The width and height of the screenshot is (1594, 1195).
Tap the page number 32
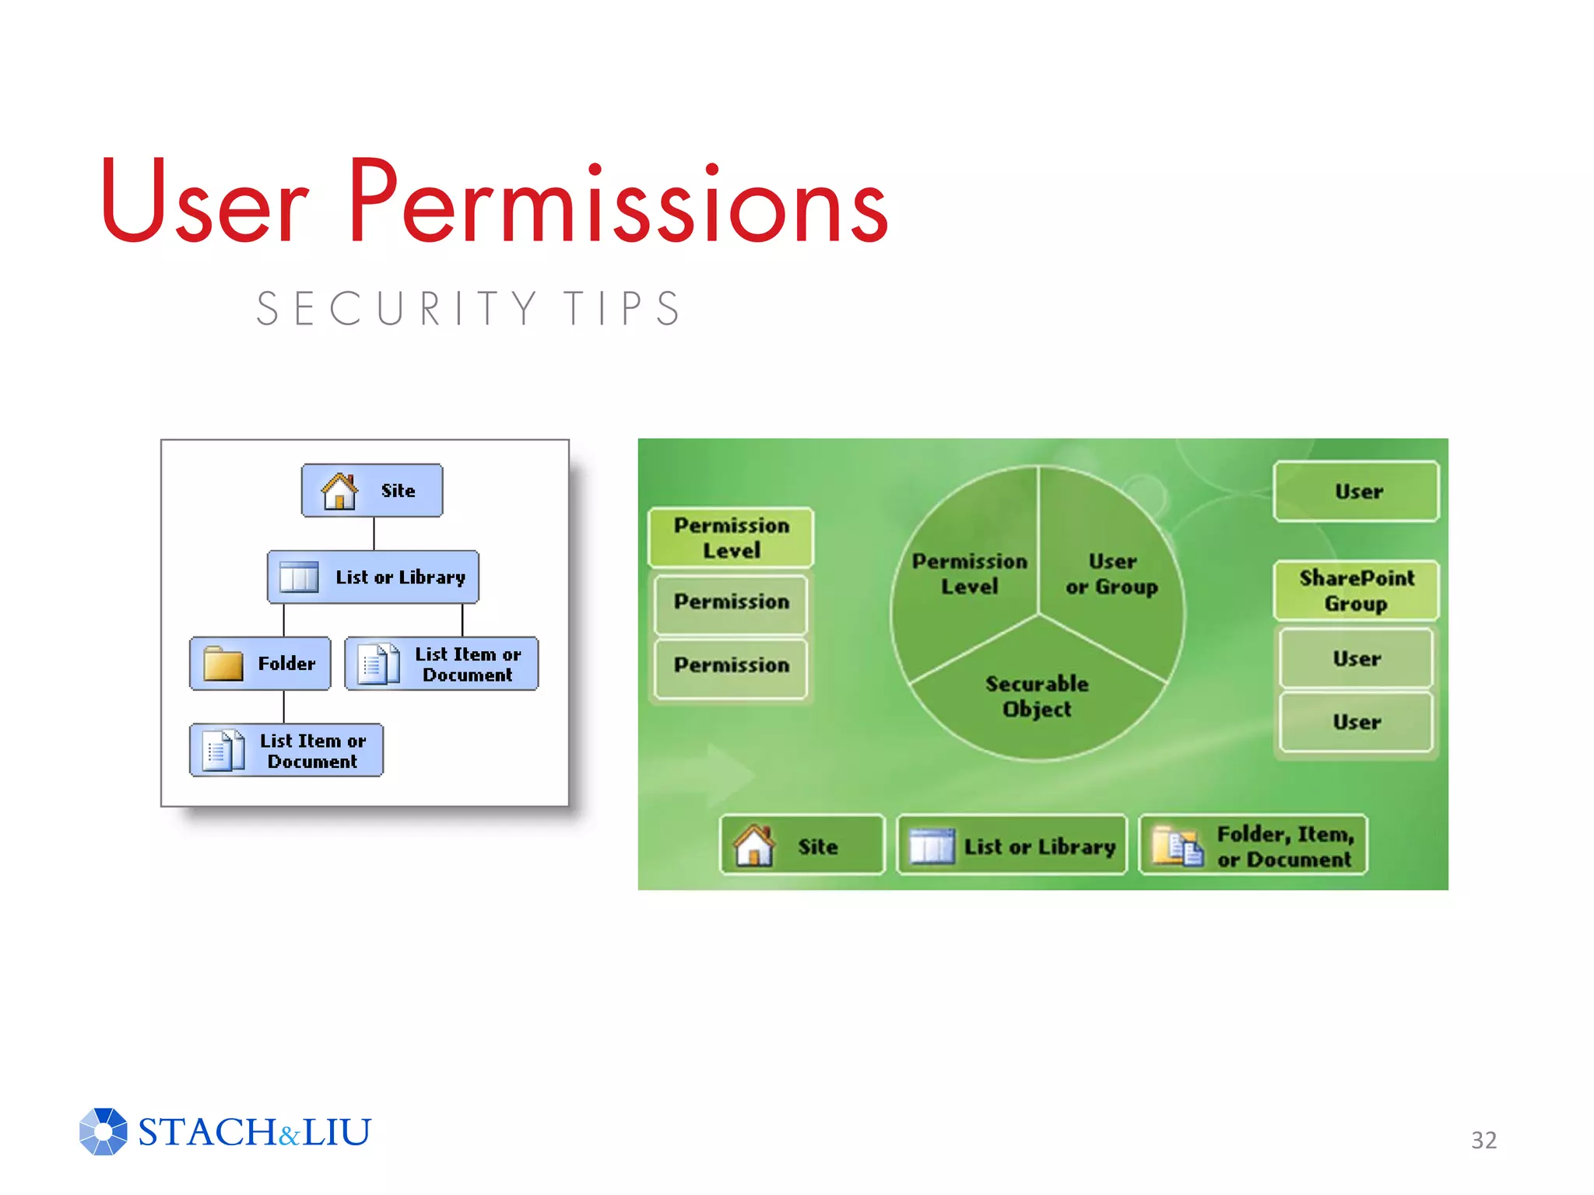pyautogui.click(x=1483, y=1140)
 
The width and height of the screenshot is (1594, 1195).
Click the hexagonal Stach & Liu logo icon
pyautogui.click(x=103, y=1131)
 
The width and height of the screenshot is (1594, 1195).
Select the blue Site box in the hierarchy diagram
pyautogui.click(x=372, y=490)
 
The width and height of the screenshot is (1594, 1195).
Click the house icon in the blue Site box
pyautogui.click(x=339, y=491)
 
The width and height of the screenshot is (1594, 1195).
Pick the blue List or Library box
pyautogui.click(x=373, y=576)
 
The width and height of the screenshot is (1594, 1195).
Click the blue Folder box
pyautogui.click(x=260, y=664)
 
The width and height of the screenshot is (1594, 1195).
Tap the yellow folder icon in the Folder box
pyautogui.click(x=223, y=664)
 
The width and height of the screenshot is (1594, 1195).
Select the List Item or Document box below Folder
pyautogui.click(x=286, y=751)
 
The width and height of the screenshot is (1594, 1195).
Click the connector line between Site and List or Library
pyautogui.click(x=374, y=534)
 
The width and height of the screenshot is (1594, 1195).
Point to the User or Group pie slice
pyautogui.click(x=1111, y=573)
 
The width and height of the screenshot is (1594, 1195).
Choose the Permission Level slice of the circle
pyautogui.click(x=969, y=573)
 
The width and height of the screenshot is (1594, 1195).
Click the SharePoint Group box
pyautogui.click(x=1356, y=590)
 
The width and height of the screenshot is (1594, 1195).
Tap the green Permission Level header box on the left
pyautogui.click(x=731, y=538)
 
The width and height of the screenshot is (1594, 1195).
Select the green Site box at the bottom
pyautogui.click(x=802, y=846)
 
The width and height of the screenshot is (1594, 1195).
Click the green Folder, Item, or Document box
pyautogui.click(x=1253, y=846)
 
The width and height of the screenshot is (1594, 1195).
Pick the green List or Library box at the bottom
pyautogui.click(x=1012, y=846)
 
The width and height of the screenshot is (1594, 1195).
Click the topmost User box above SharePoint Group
pyautogui.click(x=1356, y=492)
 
